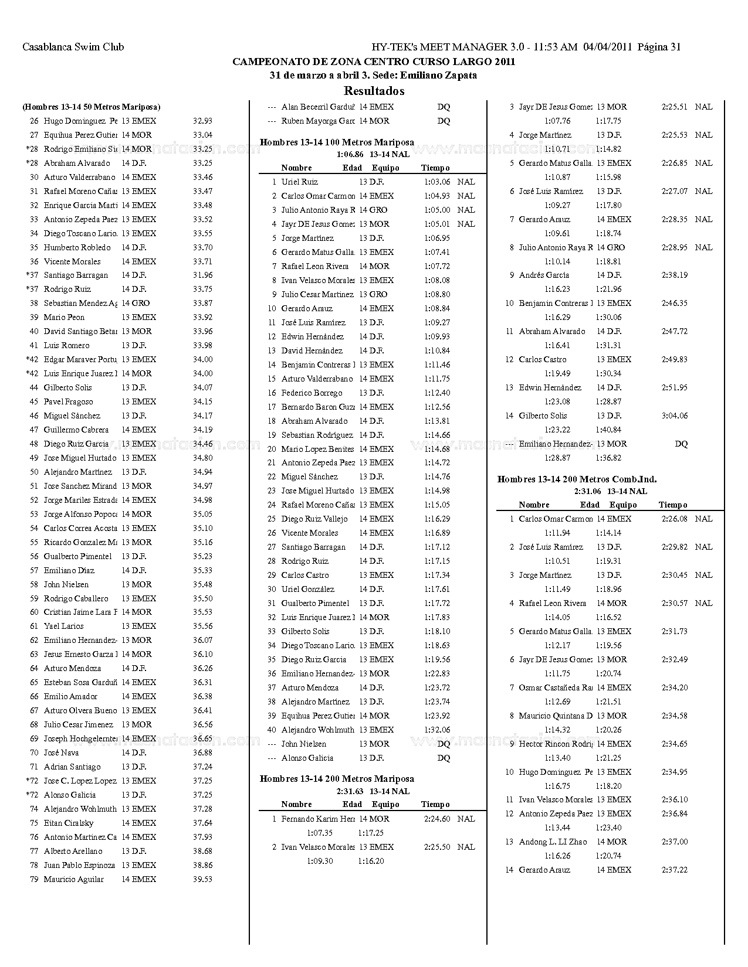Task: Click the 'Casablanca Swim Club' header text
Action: [x=73, y=47]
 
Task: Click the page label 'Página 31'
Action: [x=659, y=47]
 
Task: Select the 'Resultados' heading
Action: [x=374, y=91]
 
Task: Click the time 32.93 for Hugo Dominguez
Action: [x=202, y=121]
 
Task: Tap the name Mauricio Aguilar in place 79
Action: [x=73, y=879]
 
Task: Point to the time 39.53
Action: [x=202, y=879]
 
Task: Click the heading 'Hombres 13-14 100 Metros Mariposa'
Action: [x=337, y=142]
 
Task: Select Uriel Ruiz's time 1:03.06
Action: [x=437, y=182]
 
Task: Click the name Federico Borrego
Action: [x=312, y=393]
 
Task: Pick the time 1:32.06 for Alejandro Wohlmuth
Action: [x=437, y=730]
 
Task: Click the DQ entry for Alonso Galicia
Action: [x=444, y=758]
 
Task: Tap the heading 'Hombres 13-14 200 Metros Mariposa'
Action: [x=337, y=779]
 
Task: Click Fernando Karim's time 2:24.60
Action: [x=437, y=819]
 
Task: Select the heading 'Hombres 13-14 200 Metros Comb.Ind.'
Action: [x=577, y=479]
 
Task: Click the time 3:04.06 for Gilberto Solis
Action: [x=675, y=416]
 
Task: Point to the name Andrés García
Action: [x=544, y=275]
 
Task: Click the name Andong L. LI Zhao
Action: [x=553, y=842]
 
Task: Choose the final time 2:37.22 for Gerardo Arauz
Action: [x=675, y=870]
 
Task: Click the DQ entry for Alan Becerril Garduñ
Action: [x=444, y=107]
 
